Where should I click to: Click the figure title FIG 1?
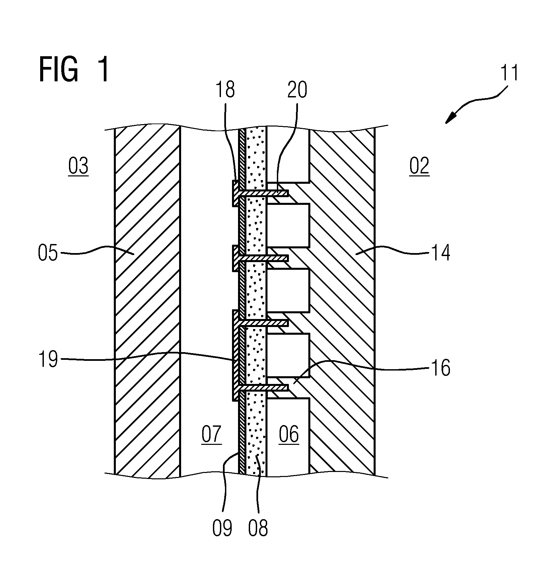(74, 69)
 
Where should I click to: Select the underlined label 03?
(78, 166)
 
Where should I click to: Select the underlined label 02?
(419, 166)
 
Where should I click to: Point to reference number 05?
(48, 253)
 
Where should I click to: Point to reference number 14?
(441, 253)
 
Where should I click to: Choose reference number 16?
(441, 368)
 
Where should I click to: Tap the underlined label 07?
(212, 434)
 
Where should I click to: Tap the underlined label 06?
(289, 434)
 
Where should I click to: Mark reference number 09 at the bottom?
(222, 528)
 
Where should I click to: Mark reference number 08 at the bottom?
(258, 528)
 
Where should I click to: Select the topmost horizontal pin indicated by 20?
(264, 193)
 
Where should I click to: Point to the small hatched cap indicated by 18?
(236, 193)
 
